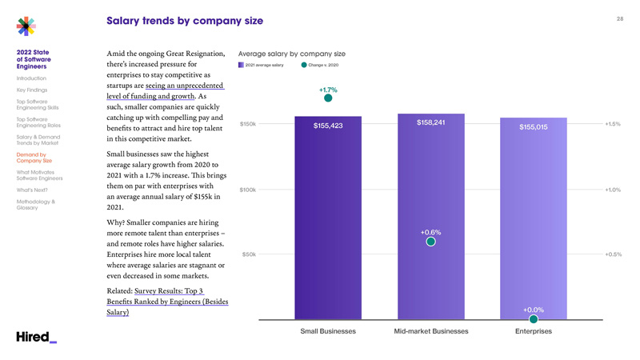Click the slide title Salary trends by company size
tap(184, 20)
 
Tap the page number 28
tap(619, 18)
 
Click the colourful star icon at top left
tap(26, 26)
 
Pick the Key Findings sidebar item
tap(32, 90)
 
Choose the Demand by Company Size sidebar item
tap(34, 158)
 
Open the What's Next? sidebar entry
tap(32, 190)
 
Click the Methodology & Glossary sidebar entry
tap(36, 205)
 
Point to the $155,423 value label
tap(328, 126)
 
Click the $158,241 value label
tap(430, 122)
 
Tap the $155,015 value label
tap(533, 127)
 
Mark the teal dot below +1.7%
tap(328, 100)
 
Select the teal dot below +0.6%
tap(430, 242)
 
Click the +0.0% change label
tap(534, 310)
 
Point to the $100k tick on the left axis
tap(247, 190)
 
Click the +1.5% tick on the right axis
tap(613, 124)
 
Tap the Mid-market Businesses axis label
tap(431, 331)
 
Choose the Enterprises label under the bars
tap(534, 331)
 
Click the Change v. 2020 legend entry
tap(320, 65)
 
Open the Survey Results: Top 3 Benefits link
tap(167, 302)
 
